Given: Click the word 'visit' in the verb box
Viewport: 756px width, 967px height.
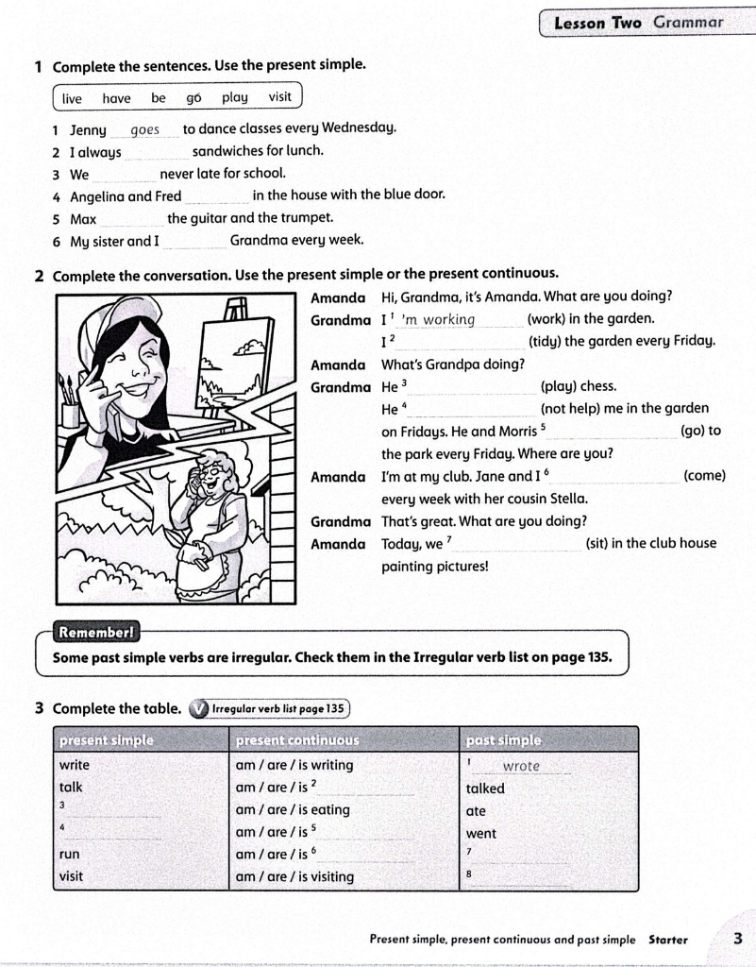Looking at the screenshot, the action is pyautogui.click(x=279, y=97).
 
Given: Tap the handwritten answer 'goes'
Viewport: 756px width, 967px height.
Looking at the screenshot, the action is pyautogui.click(x=145, y=130).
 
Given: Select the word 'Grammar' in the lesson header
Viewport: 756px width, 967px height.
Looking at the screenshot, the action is pyautogui.click(x=688, y=23).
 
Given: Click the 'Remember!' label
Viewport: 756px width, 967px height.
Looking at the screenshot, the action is pyautogui.click(x=95, y=632).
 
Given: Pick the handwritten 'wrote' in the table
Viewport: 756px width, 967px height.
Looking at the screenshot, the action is pyautogui.click(x=521, y=766).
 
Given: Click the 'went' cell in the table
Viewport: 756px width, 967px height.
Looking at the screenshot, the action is pyautogui.click(x=480, y=834).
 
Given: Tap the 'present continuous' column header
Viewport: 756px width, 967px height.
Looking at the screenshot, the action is pyautogui.click(x=297, y=740).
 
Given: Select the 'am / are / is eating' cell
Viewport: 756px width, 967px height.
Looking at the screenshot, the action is pyautogui.click(x=293, y=809).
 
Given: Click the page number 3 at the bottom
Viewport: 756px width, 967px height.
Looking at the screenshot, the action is pyautogui.click(x=737, y=938).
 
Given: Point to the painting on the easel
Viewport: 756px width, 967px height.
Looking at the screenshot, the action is pyautogui.click(x=236, y=365).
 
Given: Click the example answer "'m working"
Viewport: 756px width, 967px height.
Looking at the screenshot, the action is pyautogui.click(x=438, y=319).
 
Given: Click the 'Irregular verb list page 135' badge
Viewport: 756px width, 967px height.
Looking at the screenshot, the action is pyautogui.click(x=270, y=709).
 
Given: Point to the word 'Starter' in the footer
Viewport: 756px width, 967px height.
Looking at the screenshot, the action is pyautogui.click(x=668, y=940).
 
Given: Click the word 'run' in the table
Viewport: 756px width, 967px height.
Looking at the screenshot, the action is pyautogui.click(x=69, y=855).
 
